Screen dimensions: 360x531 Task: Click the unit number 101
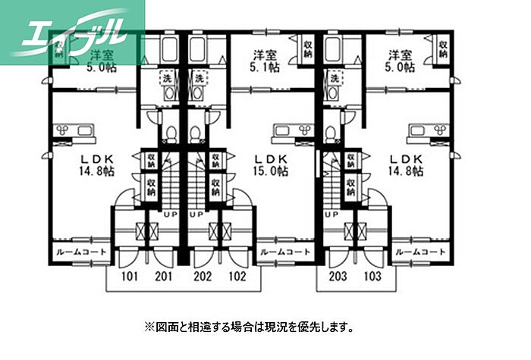click(x=129, y=276)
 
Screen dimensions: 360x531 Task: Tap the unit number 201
click(x=164, y=276)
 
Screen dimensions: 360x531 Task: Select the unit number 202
click(x=203, y=276)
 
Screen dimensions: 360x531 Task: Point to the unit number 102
click(x=237, y=276)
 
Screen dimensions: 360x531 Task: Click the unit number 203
click(x=339, y=276)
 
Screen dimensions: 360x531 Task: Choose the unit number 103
click(x=374, y=276)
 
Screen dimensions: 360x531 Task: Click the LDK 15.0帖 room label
click(x=271, y=165)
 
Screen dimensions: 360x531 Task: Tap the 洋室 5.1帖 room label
click(x=264, y=61)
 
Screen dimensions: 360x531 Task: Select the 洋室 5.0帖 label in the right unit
click(x=401, y=61)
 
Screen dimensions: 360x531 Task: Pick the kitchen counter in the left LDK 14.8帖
click(x=73, y=131)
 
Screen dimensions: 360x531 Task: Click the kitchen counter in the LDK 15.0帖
click(x=289, y=131)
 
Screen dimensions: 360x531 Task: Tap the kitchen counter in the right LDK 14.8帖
click(x=427, y=131)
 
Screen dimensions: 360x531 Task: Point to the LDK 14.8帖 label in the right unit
click(x=407, y=165)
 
